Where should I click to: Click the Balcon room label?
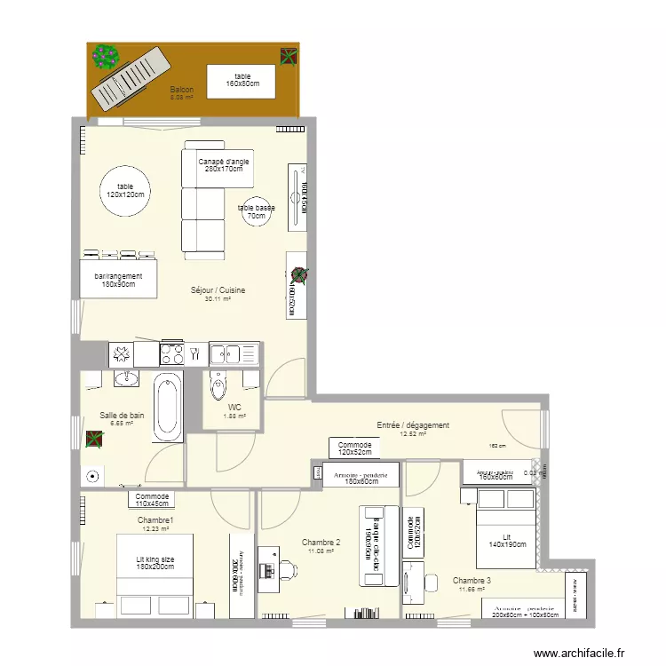click(181, 90)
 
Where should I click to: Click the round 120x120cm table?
click(124, 191)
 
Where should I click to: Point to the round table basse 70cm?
click(256, 211)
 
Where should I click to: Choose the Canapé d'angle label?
click(223, 164)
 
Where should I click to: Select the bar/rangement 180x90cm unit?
click(119, 280)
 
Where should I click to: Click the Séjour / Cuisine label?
click(218, 290)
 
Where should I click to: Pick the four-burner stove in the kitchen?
click(183, 354)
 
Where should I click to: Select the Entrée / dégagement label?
click(413, 425)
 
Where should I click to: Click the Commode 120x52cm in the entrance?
click(355, 448)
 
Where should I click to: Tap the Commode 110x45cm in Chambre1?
click(152, 499)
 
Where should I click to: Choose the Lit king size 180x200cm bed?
click(155, 574)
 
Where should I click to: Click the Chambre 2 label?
click(321, 543)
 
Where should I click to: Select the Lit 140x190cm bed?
click(507, 539)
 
